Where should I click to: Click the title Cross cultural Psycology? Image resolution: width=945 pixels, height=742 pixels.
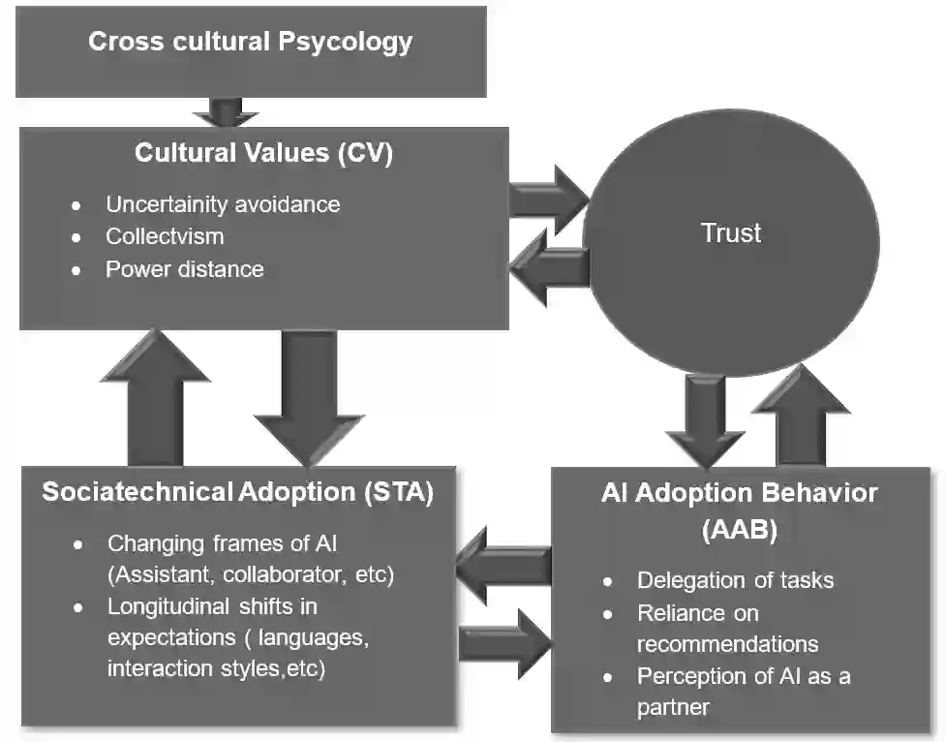coord(250,43)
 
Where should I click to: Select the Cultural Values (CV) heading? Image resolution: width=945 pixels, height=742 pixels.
coord(263,153)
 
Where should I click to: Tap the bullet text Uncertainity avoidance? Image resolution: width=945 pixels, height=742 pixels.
coord(223,204)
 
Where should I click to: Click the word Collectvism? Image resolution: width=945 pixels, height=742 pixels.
coord(165,236)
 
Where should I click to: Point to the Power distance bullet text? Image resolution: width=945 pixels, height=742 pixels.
coord(184,268)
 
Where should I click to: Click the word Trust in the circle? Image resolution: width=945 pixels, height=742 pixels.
coord(731,232)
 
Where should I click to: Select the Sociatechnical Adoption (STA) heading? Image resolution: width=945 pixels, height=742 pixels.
coord(237,491)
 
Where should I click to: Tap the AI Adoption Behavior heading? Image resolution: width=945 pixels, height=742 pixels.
coord(739,492)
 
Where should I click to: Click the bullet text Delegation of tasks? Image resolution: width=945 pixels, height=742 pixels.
coord(735,580)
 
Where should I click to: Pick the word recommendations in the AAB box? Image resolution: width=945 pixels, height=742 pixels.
coord(727,644)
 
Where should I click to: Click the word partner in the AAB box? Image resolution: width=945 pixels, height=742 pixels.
coord(673,707)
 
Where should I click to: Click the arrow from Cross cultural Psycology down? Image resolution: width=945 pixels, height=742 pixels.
coord(226,112)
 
